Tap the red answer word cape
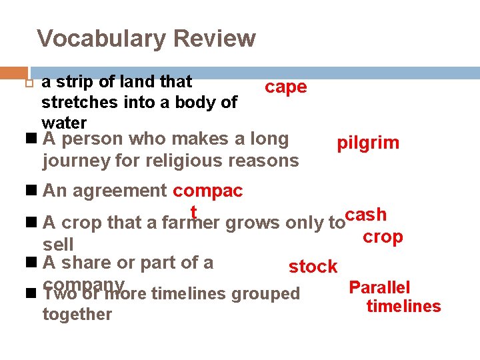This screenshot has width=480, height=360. pyautogui.click(x=285, y=87)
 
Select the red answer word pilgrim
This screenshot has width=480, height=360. pyautogui.click(x=368, y=143)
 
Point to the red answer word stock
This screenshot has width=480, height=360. pyautogui.click(x=313, y=267)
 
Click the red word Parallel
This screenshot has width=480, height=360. pyautogui.click(x=379, y=288)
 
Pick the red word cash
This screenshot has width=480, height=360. pyautogui.click(x=366, y=215)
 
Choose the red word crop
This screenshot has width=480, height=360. pyautogui.click(x=383, y=237)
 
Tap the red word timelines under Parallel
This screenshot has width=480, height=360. pyautogui.click(x=403, y=307)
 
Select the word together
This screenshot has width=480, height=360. pyautogui.click(x=77, y=314)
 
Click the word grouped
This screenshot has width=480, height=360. pyautogui.click(x=266, y=293)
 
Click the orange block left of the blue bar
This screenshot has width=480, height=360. pyautogui.click(x=13, y=73)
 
